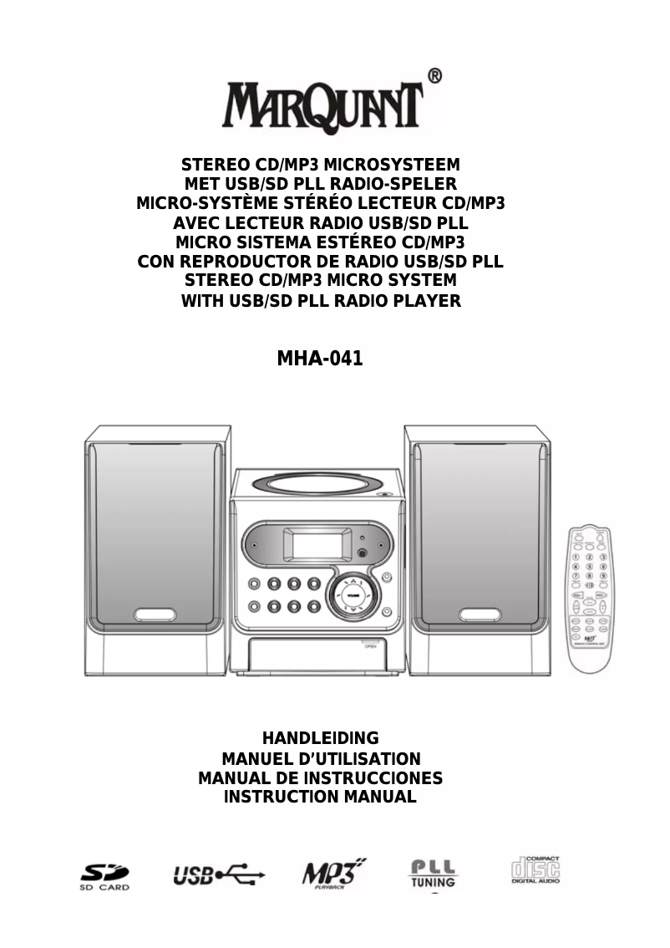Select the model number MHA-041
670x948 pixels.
(x=320, y=359)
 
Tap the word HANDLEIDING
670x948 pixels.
(x=321, y=738)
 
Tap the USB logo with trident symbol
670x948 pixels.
(x=219, y=875)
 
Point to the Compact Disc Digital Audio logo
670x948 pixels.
(x=535, y=872)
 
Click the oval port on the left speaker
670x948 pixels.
(x=155, y=614)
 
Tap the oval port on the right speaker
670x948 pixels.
(x=480, y=614)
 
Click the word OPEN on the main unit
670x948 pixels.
(x=370, y=647)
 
